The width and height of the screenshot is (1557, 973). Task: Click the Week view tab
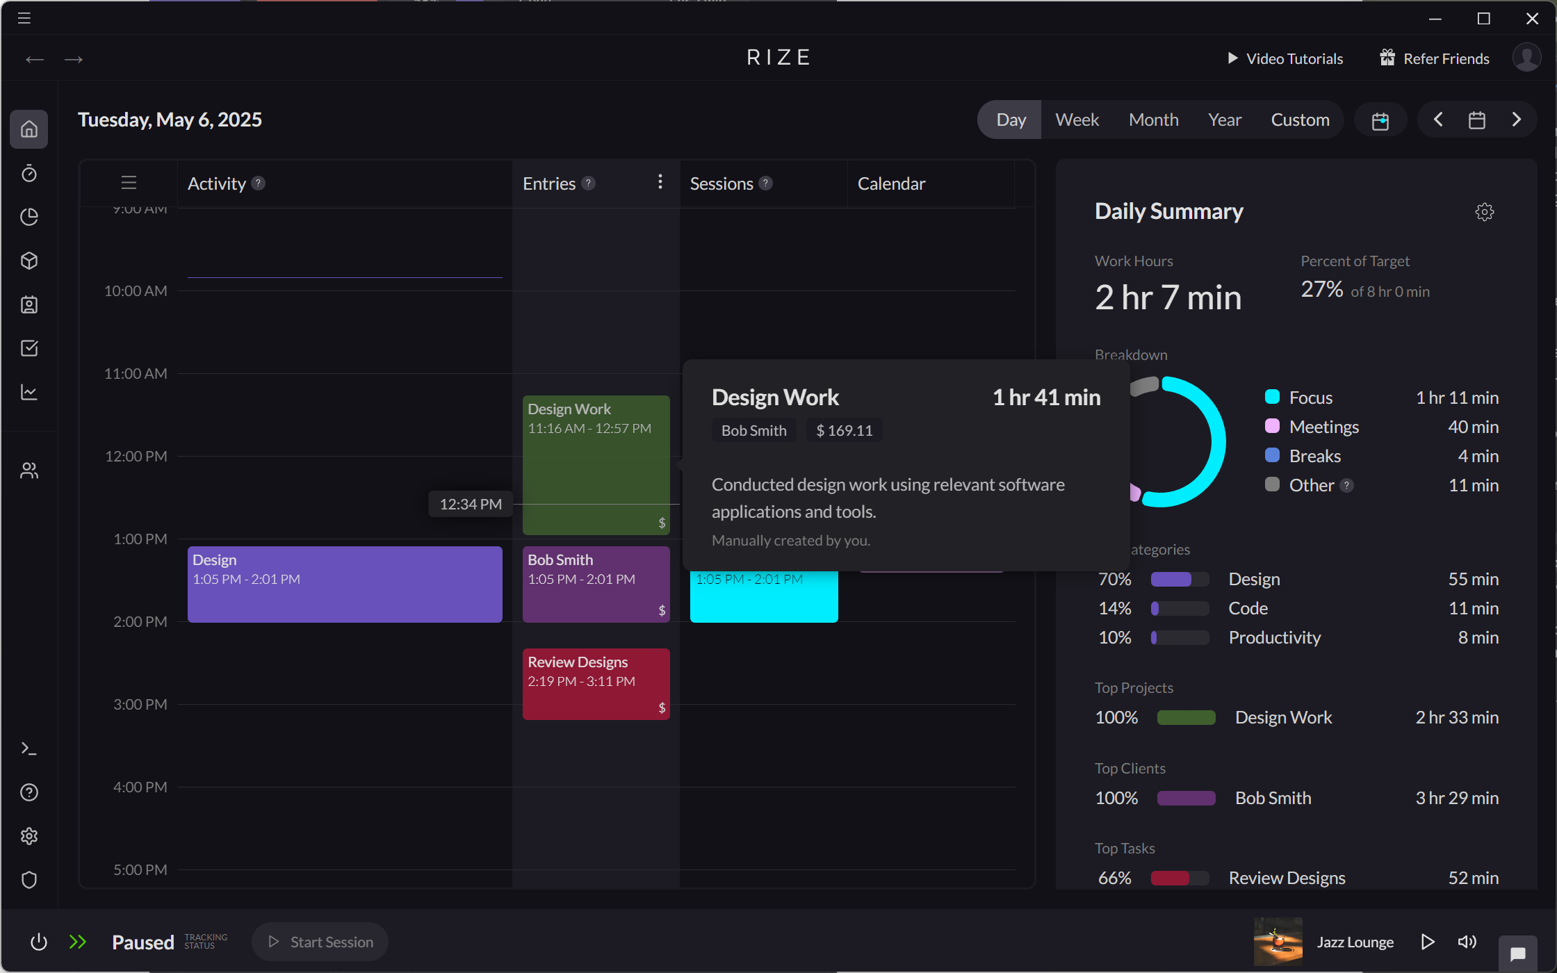click(1077, 120)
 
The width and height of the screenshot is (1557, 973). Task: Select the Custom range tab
click(1300, 120)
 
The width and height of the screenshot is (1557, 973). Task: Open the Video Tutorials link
click(1285, 58)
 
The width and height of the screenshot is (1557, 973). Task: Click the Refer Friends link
click(1435, 58)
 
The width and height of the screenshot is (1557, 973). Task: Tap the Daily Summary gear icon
click(1485, 212)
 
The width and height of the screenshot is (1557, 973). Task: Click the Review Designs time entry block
click(596, 684)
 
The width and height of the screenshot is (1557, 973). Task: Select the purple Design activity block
click(345, 584)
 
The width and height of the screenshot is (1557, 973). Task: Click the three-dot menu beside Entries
click(660, 182)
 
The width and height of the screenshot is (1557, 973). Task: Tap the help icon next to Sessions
click(766, 183)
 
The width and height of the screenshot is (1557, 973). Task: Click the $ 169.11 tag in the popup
click(844, 430)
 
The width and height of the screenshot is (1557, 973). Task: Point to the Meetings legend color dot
click(1272, 426)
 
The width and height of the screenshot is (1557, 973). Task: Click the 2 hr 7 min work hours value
click(1168, 297)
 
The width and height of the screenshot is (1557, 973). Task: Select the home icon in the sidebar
click(29, 129)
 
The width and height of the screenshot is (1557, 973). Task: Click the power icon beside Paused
click(39, 942)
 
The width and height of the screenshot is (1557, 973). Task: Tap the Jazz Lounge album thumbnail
click(1278, 942)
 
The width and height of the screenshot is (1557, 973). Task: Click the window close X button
click(1532, 19)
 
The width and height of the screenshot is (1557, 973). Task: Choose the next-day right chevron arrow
click(1517, 120)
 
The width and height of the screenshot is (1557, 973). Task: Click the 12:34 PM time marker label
click(471, 504)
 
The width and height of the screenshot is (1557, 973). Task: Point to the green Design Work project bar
click(1186, 717)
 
